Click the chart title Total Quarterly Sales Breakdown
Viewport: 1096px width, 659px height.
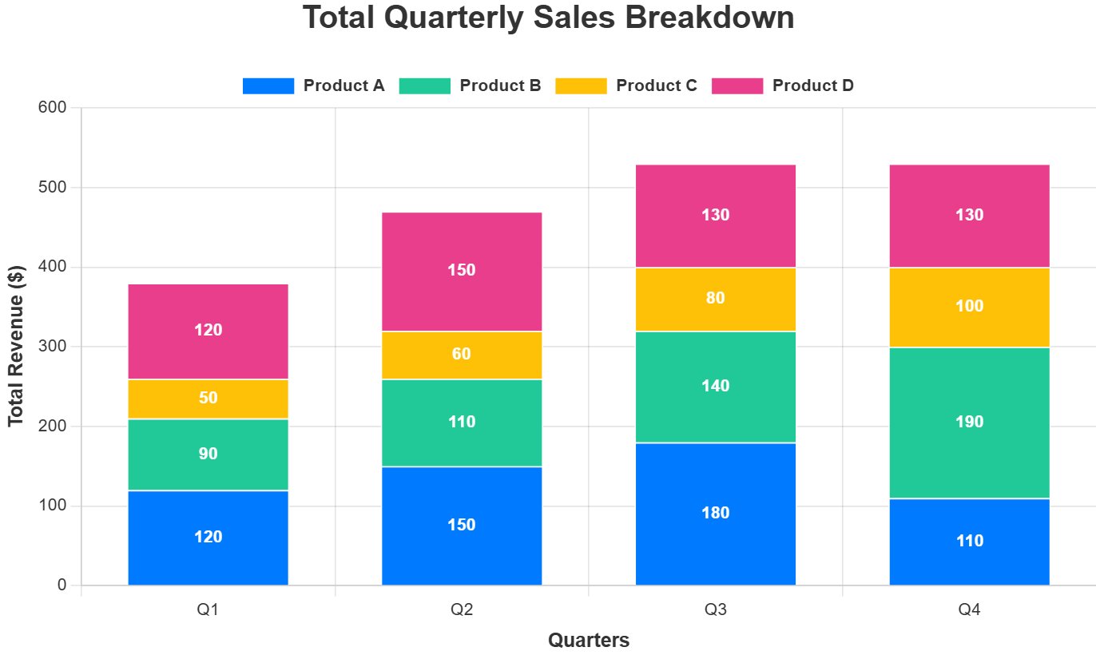pos(548,18)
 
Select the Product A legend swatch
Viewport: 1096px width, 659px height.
pos(268,85)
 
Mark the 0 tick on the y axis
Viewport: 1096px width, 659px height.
pos(62,586)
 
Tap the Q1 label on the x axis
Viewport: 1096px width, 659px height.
pos(208,610)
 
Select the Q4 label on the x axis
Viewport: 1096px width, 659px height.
pos(969,610)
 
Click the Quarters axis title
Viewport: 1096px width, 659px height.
pos(589,640)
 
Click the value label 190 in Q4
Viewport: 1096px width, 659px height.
pos(969,422)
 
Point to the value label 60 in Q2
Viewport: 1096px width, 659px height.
pos(462,354)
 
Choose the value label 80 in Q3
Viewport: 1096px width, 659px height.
pos(716,298)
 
